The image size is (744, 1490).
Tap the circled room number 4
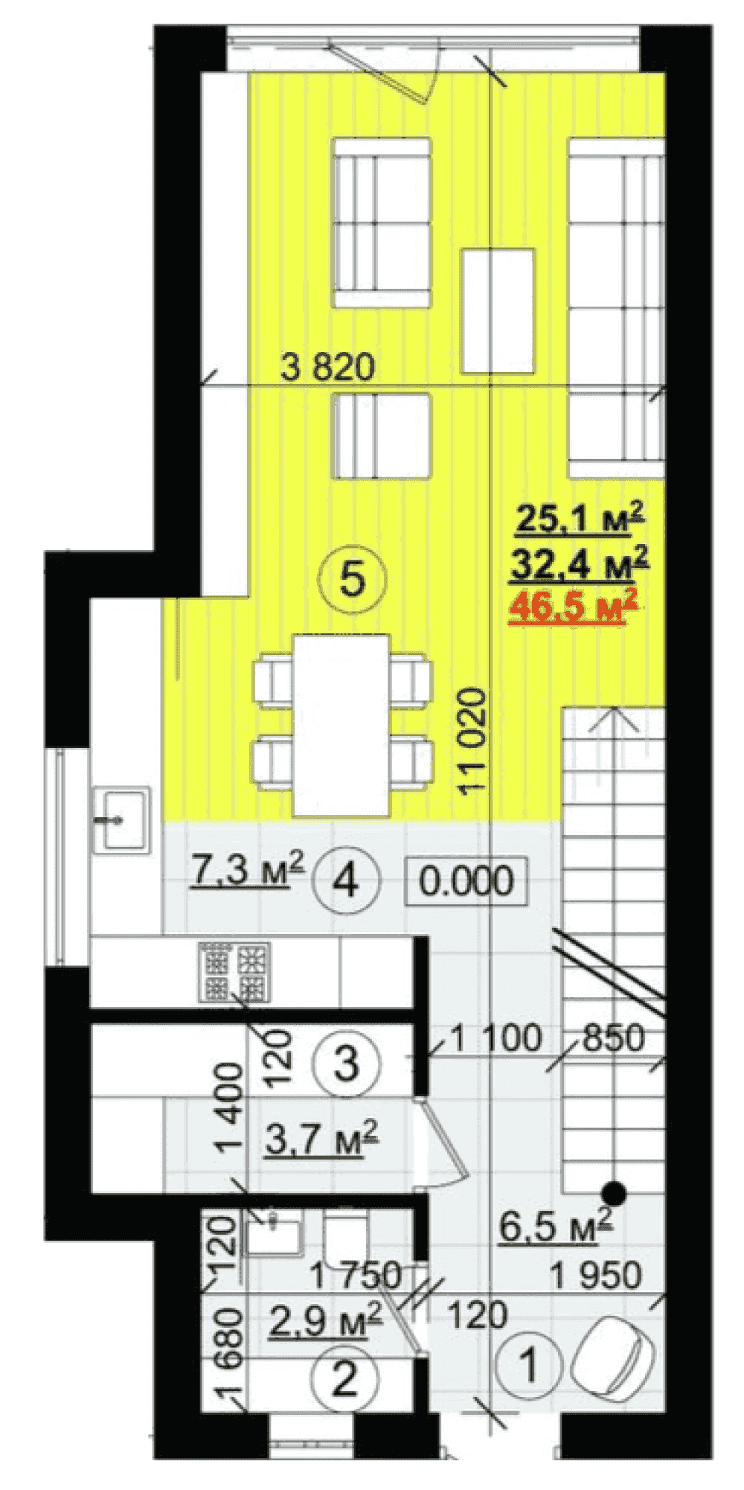click(x=347, y=882)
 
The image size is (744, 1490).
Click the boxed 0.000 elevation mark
click(x=466, y=881)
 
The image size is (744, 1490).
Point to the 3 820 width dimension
click(x=328, y=367)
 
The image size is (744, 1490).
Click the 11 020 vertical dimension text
click(x=473, y=742)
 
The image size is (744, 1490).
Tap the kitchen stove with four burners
click(x=234, y=971)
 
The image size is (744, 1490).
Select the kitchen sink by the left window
click(x=121, y=819)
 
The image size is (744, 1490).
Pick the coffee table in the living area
click(x=497, y=311)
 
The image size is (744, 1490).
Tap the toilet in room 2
click(x=347, y=1238)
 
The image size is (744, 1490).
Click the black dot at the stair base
click(x=614, y=1193)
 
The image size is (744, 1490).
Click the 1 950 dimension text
click(x=596, y=1275)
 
